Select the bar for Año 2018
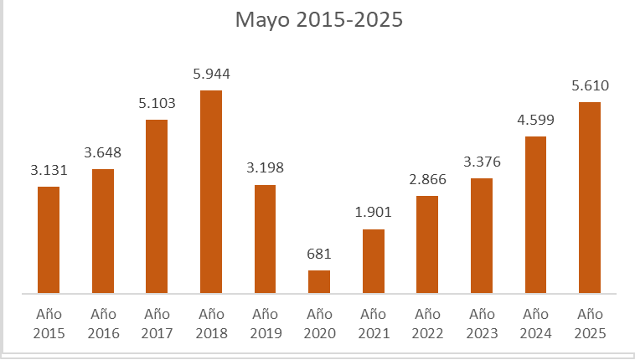click(211, 192)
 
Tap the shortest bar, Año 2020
click(319, 281)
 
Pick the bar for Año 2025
click(590, 198)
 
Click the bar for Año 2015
click(49, 239)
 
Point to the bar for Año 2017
click(157, 206)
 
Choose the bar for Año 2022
click(427, 244)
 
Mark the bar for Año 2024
click(535, 214)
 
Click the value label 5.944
click(211, 75)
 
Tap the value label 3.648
click(103, 153)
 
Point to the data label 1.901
click(373, 213)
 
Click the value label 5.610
click(590, 85)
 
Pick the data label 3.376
click(482, 162)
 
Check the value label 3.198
click(265, 168)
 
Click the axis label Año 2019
click(265, 324)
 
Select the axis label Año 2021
click(373, 324)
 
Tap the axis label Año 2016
click(103, 324)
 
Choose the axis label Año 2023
click(482, 324)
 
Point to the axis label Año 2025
click(590, 324)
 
